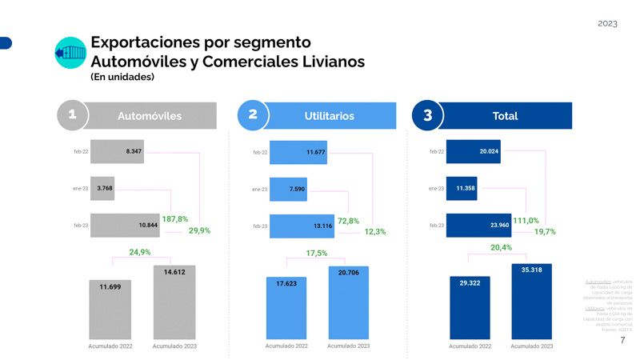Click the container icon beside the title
[x=70, y=53]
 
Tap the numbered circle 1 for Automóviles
[x=73, y=115]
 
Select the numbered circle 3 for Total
[x=427, y=115]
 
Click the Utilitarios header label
[x=329, y=116]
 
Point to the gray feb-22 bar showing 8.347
[x=117, y=151]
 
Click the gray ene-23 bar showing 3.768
[x=102, y=189]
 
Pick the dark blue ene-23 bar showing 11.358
[x=462, y=189]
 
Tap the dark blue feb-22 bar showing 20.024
[x=473, y=151]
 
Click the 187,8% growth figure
[x=174, y=219]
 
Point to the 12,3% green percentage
[x=375, y=232]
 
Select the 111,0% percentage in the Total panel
[x=526, y=221]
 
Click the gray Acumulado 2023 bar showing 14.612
[x=174, y=302]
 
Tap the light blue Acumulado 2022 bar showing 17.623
[x=287, y=308]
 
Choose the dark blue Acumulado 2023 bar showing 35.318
[x=531, y=302]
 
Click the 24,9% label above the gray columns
[x=140, y=253]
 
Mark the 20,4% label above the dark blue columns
[x=502, y=248]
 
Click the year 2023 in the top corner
[x=607, y=23]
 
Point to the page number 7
[x=623, y=340]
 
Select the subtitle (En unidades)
[x=122, y=78]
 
